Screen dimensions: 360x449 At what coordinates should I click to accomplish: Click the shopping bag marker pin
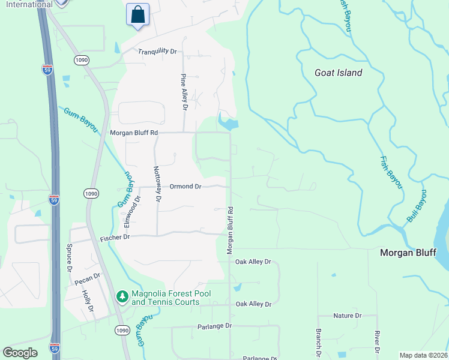coord(137,14)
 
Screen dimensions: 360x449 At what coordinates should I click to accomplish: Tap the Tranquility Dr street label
coord(157,52)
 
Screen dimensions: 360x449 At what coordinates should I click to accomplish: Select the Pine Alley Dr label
coord(184,92)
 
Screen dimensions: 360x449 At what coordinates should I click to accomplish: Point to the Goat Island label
coord(339,73)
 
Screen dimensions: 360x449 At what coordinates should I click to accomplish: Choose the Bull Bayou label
coord(417,206)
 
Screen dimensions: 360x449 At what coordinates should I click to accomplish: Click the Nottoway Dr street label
coord(157,183)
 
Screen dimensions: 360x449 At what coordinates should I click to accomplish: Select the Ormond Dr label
coord(185,187)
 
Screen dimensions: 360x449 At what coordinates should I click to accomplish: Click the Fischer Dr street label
coord(115,238)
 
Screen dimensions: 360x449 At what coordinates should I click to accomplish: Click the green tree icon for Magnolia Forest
coord(122,296)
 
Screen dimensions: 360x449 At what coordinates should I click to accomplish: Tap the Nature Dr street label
coord(348,316)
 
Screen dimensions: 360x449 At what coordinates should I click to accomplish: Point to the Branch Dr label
coord(318,342)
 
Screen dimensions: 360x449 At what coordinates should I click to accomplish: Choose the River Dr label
coord(376,341)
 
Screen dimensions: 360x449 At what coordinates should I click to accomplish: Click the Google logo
coord(20,353)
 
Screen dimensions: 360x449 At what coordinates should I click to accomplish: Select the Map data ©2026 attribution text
coord(423,355)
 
